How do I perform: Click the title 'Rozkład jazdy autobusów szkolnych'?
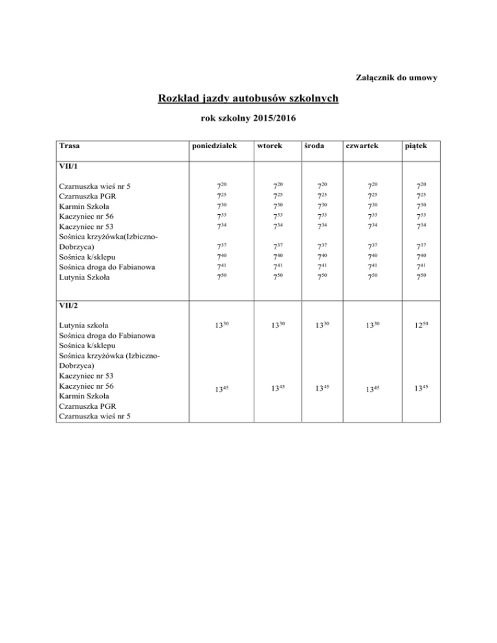pos(248,99)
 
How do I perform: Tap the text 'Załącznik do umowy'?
pos(398,78)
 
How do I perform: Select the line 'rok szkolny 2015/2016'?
pos(248,120)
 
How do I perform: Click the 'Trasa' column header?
pos(69,146)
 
